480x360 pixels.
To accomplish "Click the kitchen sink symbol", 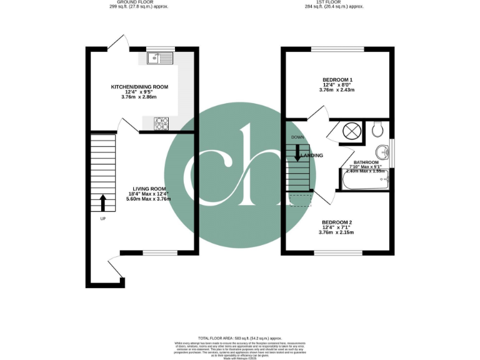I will [160, 58].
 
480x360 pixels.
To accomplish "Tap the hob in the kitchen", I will [161, 124].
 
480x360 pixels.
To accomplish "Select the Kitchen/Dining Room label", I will [139, 87].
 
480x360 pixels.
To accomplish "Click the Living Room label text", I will [149, 189].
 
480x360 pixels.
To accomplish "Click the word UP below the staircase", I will [103, 219].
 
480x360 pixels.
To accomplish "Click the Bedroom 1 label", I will [337, 80].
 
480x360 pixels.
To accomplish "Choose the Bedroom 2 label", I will [336, 222].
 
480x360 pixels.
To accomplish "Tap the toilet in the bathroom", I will [377, 129].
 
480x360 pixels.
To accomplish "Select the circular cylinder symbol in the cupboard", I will [351, 131].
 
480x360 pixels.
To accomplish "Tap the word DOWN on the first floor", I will [296, 137].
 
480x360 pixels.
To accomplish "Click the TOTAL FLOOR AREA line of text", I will [239, 337].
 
